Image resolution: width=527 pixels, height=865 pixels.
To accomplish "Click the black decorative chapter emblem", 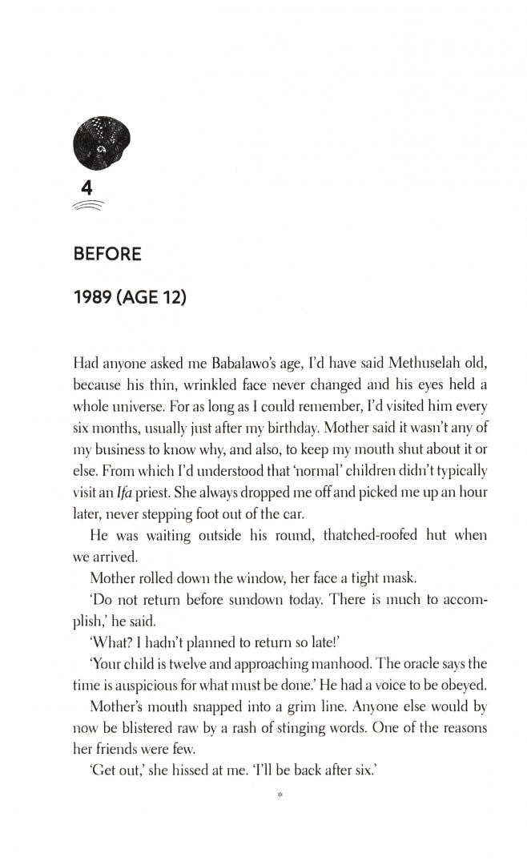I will (x=101, y=145).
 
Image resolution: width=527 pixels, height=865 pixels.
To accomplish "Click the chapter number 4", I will (x=88, y=189).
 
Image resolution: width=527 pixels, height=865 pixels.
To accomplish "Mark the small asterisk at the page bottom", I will (x=280, y=795).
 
